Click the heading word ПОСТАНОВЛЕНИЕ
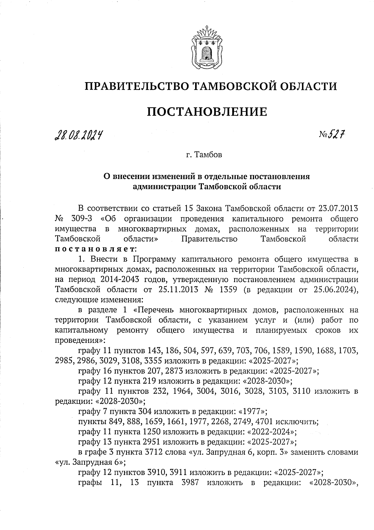click(x=207, y=111)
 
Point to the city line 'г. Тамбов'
click(x=204, y=155)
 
